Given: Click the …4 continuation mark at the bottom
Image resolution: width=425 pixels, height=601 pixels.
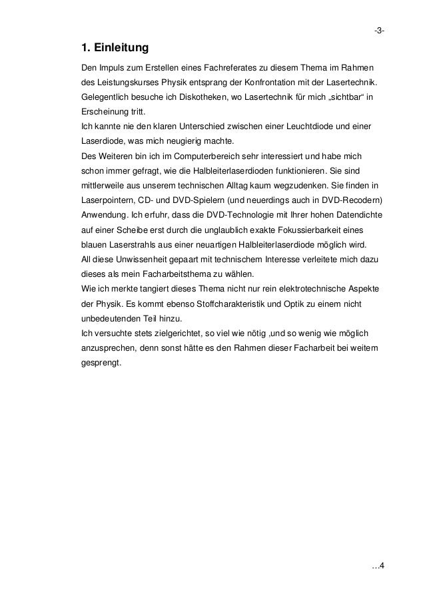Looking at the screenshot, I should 378,566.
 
